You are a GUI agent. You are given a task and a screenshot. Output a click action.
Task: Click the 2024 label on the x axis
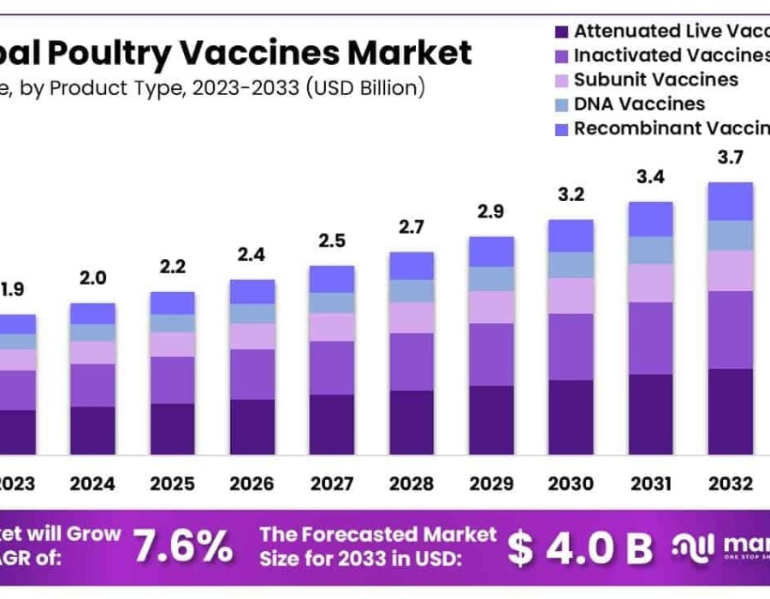coord(92,484)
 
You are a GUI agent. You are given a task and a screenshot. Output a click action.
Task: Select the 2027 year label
coord(331,484)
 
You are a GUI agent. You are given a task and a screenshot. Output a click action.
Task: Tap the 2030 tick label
coord(571,484)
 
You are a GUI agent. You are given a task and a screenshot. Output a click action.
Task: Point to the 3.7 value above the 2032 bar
coord(730,157)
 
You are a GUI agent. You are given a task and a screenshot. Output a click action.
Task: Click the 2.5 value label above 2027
coord(331,241)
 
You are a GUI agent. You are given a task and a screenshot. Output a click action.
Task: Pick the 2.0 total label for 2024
coord(92,278)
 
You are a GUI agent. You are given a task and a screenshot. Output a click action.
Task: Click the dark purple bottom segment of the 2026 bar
coord(252,426)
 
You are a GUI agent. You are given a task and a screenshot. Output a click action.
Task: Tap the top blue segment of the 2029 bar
coord(491,252)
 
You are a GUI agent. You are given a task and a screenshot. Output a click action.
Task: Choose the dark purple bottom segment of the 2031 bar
coord(650,413)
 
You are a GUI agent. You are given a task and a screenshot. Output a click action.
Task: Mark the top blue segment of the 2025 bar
coord(172,303)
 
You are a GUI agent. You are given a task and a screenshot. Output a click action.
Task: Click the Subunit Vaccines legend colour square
coord(561,81)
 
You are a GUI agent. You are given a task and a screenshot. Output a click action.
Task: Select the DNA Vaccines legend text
coord(639,104)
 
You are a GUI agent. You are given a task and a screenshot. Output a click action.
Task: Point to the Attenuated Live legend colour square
coord(561,32)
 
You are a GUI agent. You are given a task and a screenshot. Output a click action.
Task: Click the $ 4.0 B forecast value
coord(579,549)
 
